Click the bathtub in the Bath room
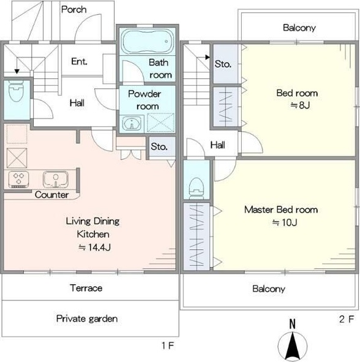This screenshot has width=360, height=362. click(148, 41)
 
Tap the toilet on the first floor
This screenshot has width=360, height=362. click(16, 91)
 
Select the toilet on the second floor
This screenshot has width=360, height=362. click(197, 189)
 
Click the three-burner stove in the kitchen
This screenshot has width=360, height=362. click(19, 179)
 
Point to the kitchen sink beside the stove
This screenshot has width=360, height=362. click(56, 179)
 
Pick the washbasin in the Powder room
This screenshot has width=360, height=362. click(132, 124)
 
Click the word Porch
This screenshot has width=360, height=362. click(74, 9)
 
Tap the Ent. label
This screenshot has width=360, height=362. click(79, 61)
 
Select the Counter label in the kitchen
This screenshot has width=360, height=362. click(51, 195)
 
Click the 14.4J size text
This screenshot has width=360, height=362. click(95, 247)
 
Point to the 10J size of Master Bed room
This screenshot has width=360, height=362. click(285, 222)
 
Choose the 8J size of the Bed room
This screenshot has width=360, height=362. click(300, 105)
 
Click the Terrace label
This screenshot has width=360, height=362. click(86, 288)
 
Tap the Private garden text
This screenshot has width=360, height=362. click(87, 319)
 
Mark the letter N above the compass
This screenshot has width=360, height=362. click(293, 323)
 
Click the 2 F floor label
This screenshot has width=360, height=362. click(347, 319)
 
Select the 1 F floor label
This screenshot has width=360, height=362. click(168, 345)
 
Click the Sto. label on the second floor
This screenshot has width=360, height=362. click(223, 64)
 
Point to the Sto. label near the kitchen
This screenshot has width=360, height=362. click(159, 146)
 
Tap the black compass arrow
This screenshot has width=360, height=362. click(293, 345)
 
